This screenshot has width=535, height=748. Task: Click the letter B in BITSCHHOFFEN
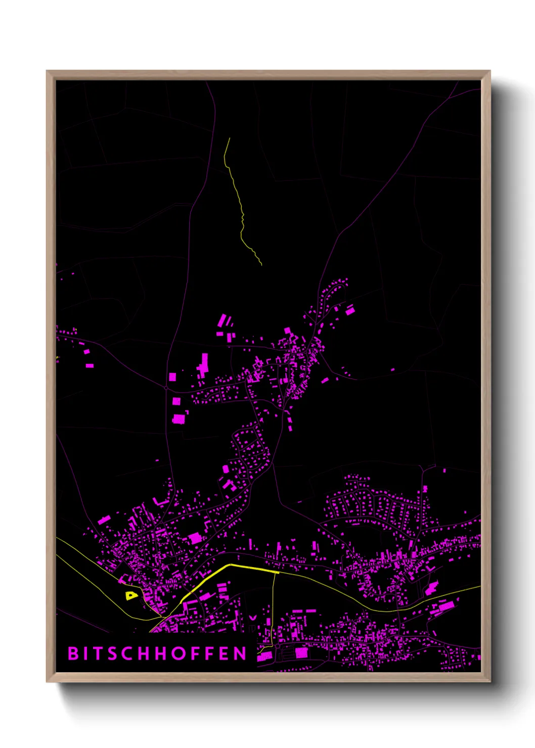pyautogui.click(x=73, y=653)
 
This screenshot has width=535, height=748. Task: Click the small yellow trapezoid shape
pyautogui.click(x=131, y=595)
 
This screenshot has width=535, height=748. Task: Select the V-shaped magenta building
pyautogui.click(x=252, y=618)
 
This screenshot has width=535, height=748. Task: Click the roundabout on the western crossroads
pyautogui.click(x=166, y=388)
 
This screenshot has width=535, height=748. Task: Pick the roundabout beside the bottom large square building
pyautogui.click(x=278, y=646)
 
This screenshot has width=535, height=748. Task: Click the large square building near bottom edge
pyautogui.click(x=301, y=653)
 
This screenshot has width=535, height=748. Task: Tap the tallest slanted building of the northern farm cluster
pyautogui.click(x=221, y=320)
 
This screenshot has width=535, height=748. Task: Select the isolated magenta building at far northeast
pyautogui.click(x=350, y=310)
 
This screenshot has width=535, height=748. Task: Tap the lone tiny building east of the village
pyautogui.click(x=393, y=369)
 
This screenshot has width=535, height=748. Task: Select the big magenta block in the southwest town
pyautogui.click(x=195, y=538)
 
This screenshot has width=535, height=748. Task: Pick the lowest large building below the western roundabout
pyautogui.click(x=179, y=418)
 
